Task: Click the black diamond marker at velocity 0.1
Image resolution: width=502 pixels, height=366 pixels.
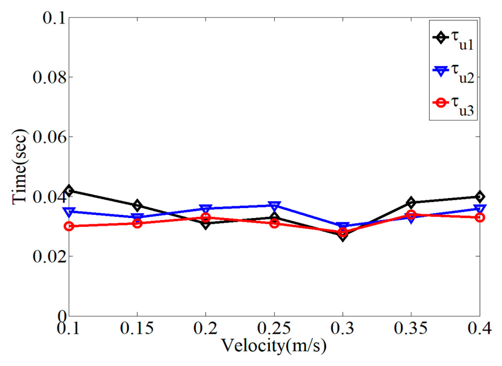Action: [x=69, y=190]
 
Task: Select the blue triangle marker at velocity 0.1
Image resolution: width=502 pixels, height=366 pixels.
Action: [x=69, y=212]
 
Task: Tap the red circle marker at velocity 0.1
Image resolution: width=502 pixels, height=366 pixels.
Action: [x=69, y=226]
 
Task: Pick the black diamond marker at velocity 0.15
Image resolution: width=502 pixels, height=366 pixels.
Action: [x=137, y=205]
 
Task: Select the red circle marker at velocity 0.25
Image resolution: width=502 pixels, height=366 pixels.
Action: [x=274, y=223]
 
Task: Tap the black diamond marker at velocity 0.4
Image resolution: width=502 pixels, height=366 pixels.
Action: [x=479, y=196]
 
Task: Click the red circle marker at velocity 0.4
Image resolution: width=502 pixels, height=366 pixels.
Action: [x=479, y=217]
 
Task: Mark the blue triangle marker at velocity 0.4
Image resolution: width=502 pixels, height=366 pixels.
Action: [x=479, y=209]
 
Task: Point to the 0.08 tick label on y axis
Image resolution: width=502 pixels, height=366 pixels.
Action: [x=49, y=77]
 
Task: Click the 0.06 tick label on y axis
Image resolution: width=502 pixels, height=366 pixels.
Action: [x=49, y=137]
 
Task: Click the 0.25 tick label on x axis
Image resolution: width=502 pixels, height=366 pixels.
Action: [x=274, y=328]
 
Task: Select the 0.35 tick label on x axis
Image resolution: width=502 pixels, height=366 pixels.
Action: [x=411, y=328]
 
